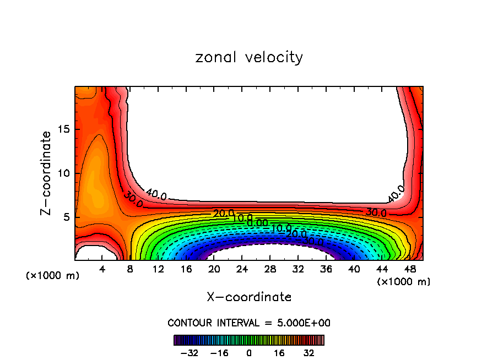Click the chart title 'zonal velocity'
(249, 57)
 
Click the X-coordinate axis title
(249, 297)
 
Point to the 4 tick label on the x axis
(102, 269)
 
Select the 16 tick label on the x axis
(186, 269)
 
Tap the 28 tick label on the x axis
(270, 269)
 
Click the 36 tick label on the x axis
(326, 269)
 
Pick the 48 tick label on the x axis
(409, 269)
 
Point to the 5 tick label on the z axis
(67, 217)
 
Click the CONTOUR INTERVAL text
(249, 323)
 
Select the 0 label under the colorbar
(249, 352)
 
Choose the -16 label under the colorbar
(219, 352)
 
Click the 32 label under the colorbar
(309, 352)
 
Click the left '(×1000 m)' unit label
(53, 275)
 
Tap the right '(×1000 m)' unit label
(404, 281)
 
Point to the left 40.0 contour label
(155, 193)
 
